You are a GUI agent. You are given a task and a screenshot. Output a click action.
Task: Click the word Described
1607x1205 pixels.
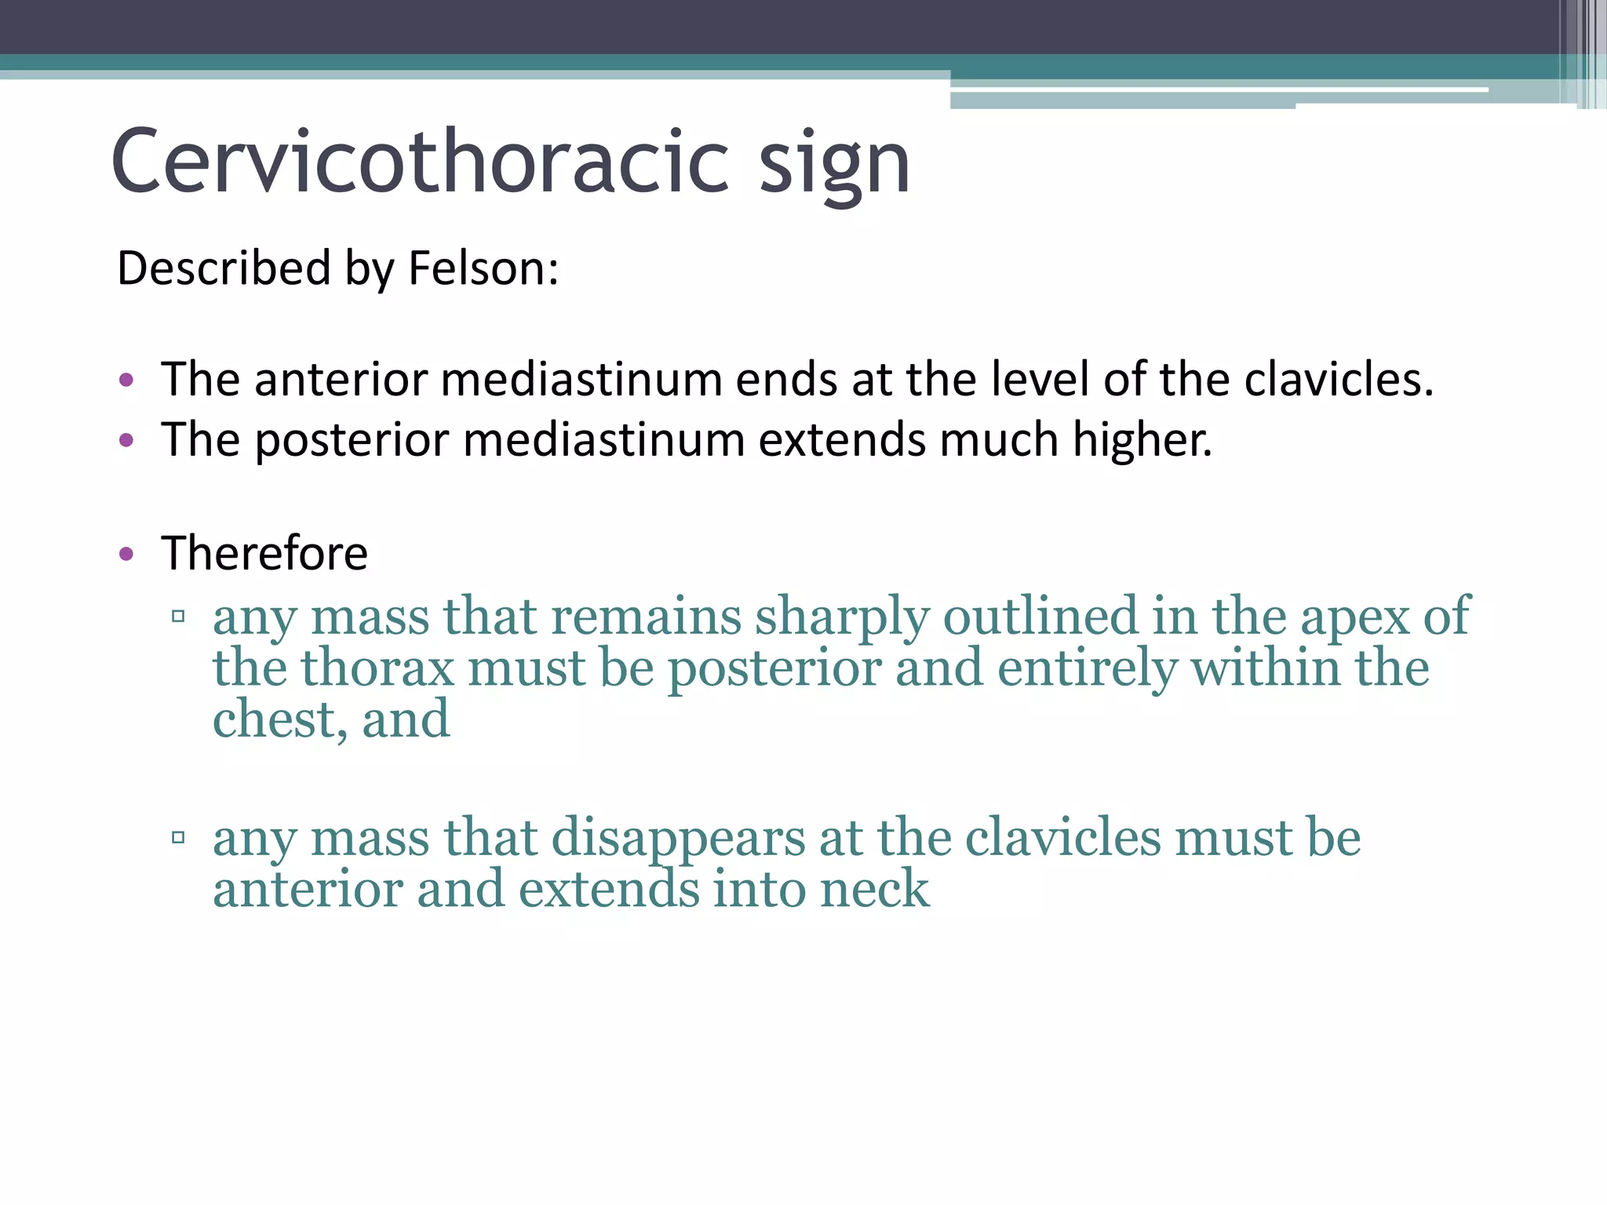point(224,268)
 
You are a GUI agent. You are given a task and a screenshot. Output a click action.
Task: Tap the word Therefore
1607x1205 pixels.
point(264,553)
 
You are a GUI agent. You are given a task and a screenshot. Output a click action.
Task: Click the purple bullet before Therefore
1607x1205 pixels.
point(126,555)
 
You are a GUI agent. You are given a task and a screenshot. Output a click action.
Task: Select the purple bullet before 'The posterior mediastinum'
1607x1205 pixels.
point(126,440)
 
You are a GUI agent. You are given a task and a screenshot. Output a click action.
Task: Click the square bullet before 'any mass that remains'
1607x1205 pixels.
point(178,617)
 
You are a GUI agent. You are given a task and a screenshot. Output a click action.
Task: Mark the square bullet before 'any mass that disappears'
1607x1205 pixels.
point(178,838)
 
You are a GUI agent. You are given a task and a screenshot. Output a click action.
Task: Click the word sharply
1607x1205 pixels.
point(842,617)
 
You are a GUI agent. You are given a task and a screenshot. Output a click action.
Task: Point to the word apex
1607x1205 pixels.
point(1355,617)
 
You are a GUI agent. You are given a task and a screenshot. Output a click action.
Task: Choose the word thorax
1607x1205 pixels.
point(377,668)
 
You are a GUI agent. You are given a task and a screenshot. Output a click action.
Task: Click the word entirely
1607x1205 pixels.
point(1088,668)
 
